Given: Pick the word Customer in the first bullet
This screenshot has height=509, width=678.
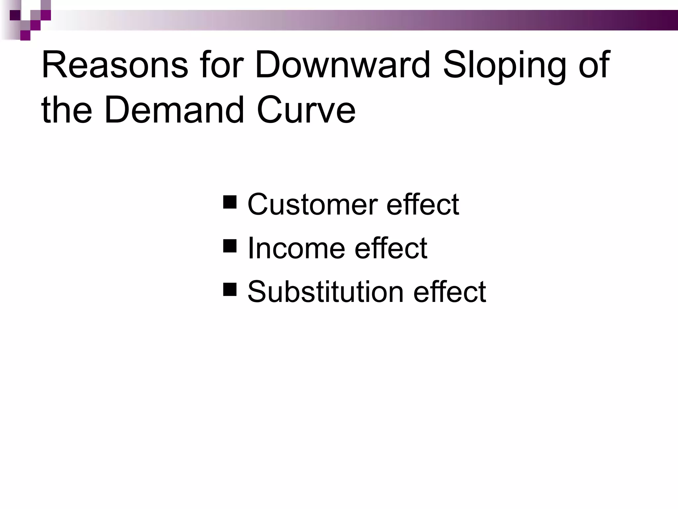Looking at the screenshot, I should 313,204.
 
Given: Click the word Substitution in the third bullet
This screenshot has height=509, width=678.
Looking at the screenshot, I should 326,292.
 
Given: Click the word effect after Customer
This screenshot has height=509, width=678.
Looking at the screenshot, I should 423,204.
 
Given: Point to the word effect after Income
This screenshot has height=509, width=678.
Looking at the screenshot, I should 391,248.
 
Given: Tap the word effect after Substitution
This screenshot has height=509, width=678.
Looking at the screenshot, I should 450,292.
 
